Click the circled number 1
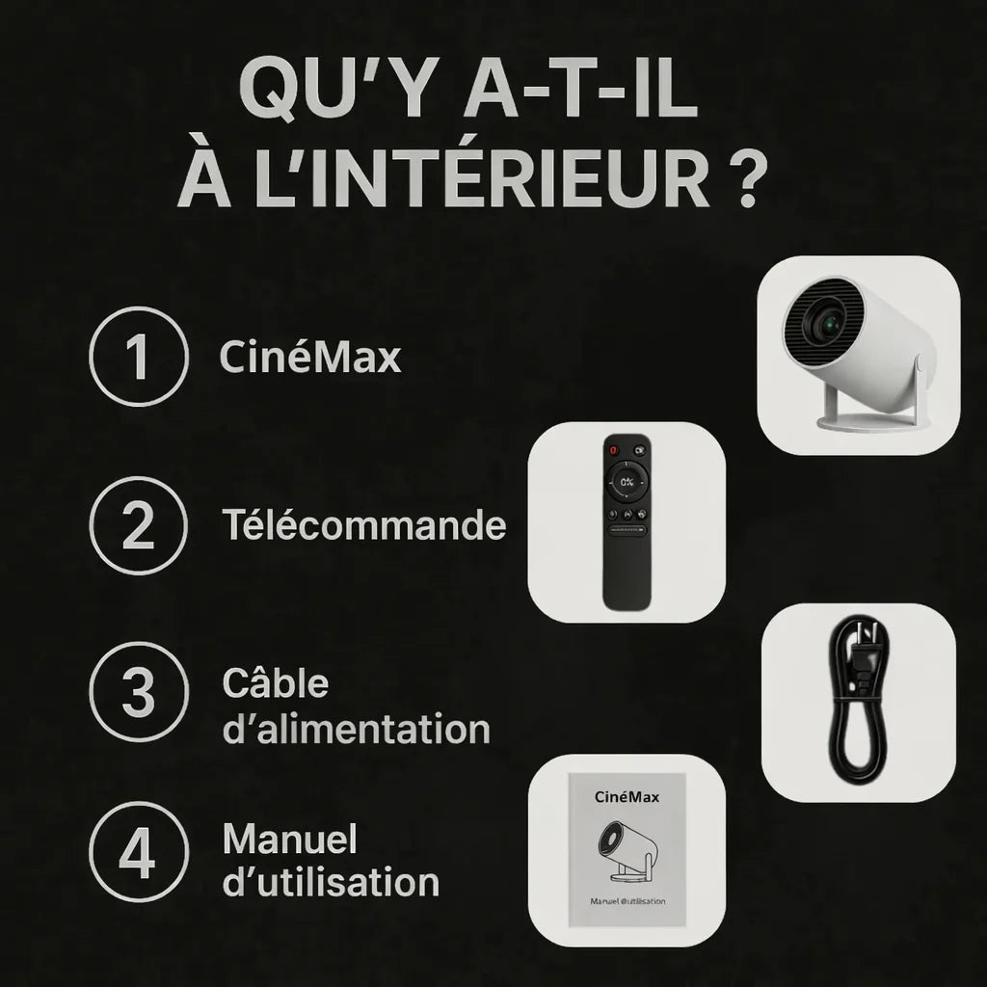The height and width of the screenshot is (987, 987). (137, 357)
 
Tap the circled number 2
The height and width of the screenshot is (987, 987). (137, 526)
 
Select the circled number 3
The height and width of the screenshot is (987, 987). (137, 692)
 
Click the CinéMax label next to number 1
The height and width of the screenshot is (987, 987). (309, 358)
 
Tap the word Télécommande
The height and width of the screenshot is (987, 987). (363, 526)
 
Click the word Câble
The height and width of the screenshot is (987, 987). (275, 683)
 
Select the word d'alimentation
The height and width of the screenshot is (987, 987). (356, 729)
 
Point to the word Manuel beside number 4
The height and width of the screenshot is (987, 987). (289, 840)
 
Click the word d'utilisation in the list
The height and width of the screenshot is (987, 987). (331, 882)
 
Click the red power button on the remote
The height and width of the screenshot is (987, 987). (611, 449)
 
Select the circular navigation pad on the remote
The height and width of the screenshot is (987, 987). (627, 481)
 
